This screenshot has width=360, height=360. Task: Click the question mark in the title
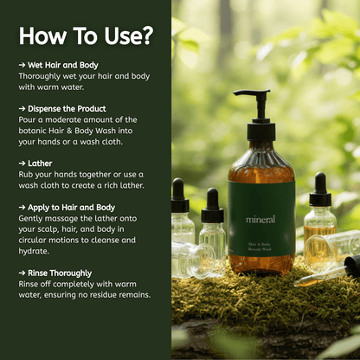[x=147, y=35]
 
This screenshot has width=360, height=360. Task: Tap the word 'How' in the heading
[x=42, y=36]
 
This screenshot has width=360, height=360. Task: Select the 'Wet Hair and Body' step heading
[x=63, y=65]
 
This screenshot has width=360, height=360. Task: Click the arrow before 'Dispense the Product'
[x=22, y=109]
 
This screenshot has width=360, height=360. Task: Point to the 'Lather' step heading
[x=40, y=164]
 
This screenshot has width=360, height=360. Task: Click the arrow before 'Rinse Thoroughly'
[x=22, y=273]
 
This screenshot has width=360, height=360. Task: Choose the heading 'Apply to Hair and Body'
[x=71, y=208]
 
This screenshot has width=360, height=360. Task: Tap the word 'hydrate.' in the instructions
[x=34, y=251]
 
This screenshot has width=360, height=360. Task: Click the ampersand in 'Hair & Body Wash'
[x=69, y=131]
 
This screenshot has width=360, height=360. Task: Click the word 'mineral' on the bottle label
[x=260, y=219]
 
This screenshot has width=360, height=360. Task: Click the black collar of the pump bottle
[x=261, y=132]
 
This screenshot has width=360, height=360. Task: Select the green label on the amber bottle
[x=261, y=218]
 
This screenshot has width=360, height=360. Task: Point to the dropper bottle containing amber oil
[x=320, y=209]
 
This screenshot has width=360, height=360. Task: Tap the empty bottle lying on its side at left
[x=193, y=259]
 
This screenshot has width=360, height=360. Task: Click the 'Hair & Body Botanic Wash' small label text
[x=260, y=247]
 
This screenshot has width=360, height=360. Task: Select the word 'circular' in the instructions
[x=33, y=240]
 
